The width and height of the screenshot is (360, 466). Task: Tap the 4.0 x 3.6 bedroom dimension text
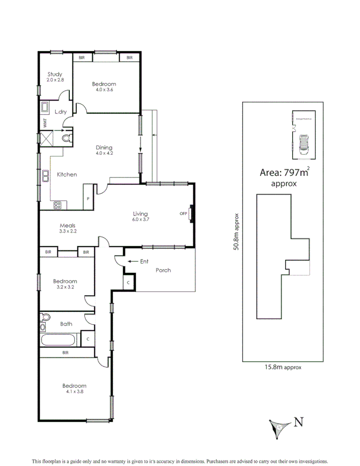point(104,90)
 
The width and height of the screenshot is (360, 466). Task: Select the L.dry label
point(60,112)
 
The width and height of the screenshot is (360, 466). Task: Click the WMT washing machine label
point(44,122)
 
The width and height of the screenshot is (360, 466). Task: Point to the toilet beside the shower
point(65,137)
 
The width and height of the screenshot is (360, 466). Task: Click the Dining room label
point(104,147)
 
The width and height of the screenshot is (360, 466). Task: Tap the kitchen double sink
point(45,175)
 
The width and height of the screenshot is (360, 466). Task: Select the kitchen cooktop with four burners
point(57,204)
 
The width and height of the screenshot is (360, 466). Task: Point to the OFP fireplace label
point(183,214)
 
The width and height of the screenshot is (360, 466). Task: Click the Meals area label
point(67,226)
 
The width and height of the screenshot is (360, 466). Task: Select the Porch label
point(163,270)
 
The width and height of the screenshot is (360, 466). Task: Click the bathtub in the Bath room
point(58,340)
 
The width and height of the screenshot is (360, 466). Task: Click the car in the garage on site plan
point(304,144)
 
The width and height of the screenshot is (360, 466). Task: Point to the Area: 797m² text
point(284,172)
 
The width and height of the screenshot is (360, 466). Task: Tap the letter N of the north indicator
point(298,422)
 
